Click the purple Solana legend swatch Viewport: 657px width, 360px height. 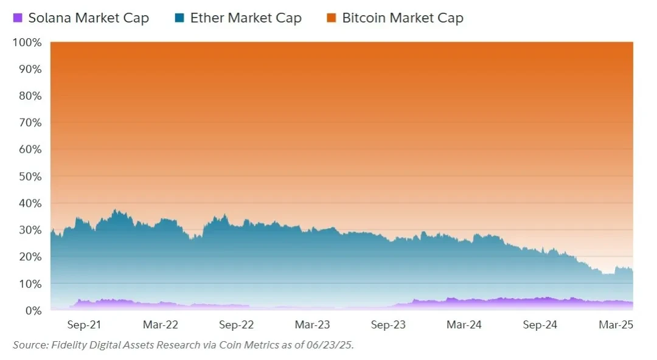(x=18, y=18)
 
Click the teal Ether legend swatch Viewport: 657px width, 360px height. (x=179, y=18)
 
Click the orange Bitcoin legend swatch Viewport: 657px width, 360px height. (x=331, y=18)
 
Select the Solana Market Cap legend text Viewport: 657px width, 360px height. (x=88, y=18)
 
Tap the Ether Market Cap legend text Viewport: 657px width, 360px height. (x=246, y=18)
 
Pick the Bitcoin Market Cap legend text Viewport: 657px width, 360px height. (x=403, y=18)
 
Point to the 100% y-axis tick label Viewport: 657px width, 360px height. (x=27, y=43)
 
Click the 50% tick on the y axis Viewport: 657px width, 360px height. (x=29, y=176)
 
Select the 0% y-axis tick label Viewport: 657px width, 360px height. (x=32, y=311)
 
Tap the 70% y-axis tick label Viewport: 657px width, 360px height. (x=29, y=123)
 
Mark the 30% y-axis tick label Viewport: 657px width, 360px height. (x=29, y=230)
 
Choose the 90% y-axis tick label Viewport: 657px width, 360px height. (x=29, y=69)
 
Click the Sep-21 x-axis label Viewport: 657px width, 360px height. (x=84, y=325)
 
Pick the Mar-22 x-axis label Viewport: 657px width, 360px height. (x=160, y=325)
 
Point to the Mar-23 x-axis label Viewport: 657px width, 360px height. (x=312, y=325)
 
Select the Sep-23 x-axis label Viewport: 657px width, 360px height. (x=388, y=325)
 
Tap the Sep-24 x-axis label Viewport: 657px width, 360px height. (x=540, y=325)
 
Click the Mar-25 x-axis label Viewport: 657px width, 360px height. (x=616, y=325)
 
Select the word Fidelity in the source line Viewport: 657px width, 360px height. (x=68, y=345)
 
